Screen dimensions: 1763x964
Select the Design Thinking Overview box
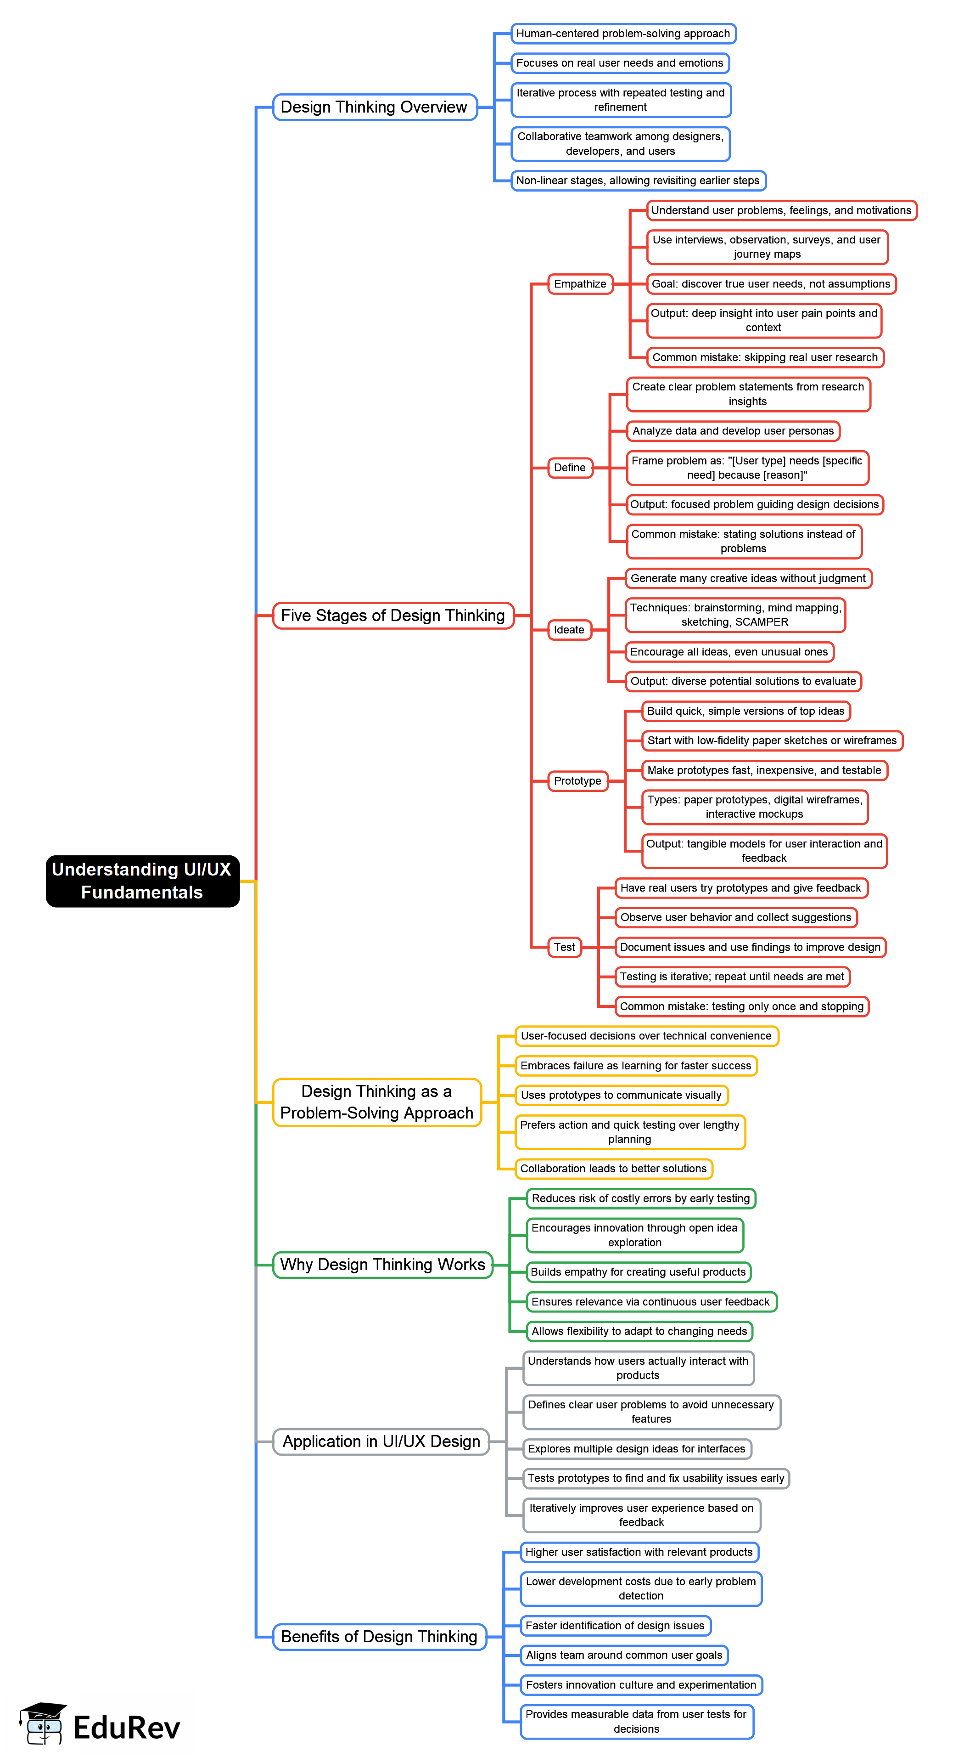[x=374, y=107]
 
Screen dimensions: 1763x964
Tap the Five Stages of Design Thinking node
[x=393, y=615]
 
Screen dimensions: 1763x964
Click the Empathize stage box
[x=579, y=284]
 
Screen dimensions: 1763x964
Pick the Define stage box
[x=569, y=468]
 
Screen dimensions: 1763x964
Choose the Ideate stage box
[x=569, y=630]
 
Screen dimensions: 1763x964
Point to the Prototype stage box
[x=577, y=781]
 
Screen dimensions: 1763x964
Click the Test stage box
[x=565, y=947]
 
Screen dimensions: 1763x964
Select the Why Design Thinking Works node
[x=382, y=1264]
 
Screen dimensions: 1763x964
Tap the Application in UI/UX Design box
[x=381, y=1441]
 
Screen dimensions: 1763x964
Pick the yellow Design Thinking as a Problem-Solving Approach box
[x=377, y=1102]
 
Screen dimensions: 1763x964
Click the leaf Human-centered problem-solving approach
[x=622, y=34]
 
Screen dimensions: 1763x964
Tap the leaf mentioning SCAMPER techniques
[x=735, y=615]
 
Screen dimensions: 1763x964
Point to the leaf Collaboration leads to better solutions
[x=613, y=1168]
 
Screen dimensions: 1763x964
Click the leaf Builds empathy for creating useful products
[x=638, y=1271]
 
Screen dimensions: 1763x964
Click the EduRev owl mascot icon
[x=42, y=1725]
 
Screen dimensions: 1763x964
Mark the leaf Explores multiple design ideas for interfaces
[x=636, y=1448]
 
